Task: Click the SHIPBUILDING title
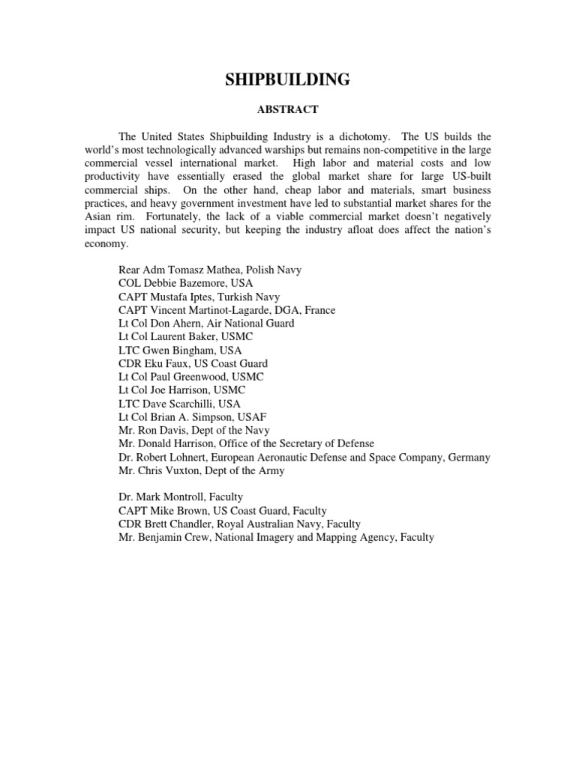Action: click(x=288, y=80)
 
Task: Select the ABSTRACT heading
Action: click(x=288, y=109)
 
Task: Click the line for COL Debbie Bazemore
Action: click(x=186, y=282)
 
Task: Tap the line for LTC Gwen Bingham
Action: click(x=180, y=350)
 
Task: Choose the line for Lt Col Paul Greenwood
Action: click(x=191, y=377)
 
